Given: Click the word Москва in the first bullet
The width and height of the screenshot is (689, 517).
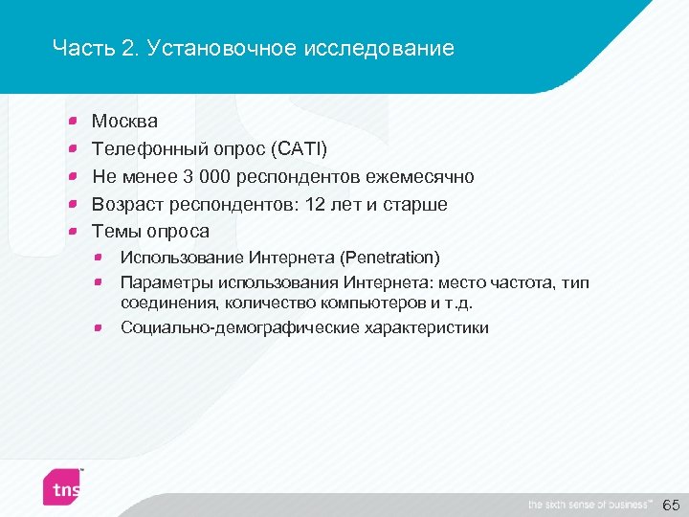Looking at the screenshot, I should [124, 122].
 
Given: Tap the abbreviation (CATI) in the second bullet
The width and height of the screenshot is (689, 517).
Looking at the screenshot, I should [299, 149].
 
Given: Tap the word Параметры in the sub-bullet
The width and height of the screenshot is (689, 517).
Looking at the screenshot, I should [166, 283].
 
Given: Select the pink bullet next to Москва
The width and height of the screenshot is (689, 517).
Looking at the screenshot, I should [74, 122].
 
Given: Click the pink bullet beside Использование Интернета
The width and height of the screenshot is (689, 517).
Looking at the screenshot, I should [100, 258].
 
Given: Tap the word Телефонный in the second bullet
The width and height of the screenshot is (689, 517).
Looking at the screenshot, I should [140, 149].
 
